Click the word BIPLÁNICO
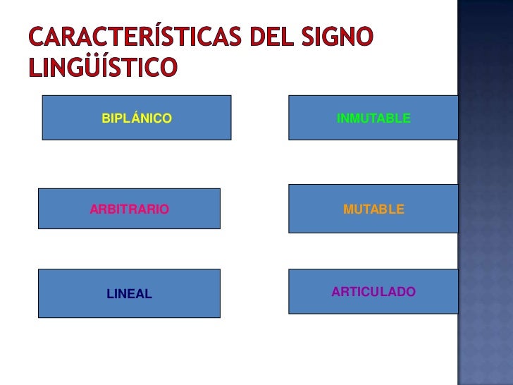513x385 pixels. click(137, 118)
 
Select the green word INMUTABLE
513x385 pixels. click(373, 118)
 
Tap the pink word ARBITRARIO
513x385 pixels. click(129, 209)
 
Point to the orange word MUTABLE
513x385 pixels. click(373, 209)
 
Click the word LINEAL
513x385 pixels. click(129, 294)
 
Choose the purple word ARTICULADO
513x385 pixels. click(373, 292)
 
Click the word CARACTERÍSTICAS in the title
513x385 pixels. click(134, 37)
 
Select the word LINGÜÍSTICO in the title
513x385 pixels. click(102, 67)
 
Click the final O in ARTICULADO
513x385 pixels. click(411, 292)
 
